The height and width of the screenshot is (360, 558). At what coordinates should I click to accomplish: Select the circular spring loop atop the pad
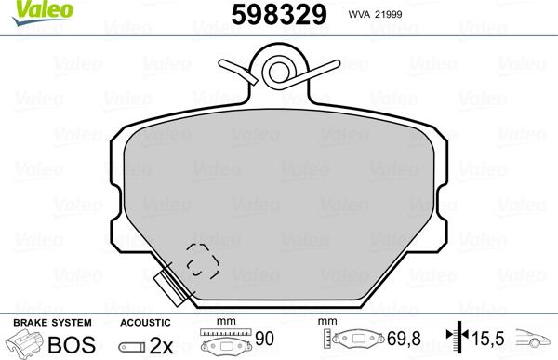[278, 69]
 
